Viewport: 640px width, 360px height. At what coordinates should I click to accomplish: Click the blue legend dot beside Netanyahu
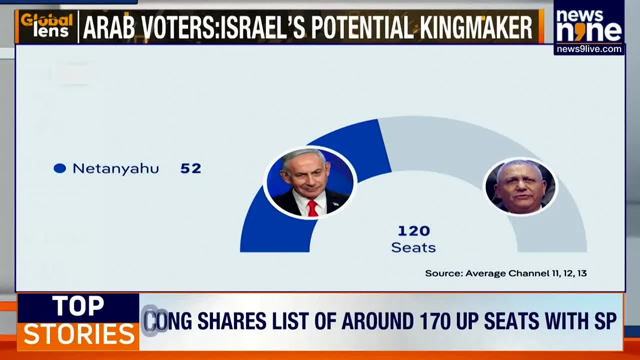pyautogui.click(x=59, y=168)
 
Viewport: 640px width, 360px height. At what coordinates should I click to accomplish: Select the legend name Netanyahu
pyautogui.click(x=115, y=169)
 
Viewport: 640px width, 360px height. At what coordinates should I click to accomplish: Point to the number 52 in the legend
pyautogui.click(x=191, y=168)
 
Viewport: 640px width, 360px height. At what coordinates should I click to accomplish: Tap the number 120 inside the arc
pyautogui.click(x=414, y=231)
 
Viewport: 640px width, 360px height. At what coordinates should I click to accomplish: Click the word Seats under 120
pyautogui.click(x=413, y=247)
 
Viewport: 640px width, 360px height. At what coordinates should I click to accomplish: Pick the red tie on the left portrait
pyautogui.click(x=312, y=208)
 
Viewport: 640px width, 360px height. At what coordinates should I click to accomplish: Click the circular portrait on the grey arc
pyautogui.click(x=520, y=186)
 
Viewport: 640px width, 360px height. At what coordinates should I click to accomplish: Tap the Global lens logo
pyautogui.click(x=47, y=26)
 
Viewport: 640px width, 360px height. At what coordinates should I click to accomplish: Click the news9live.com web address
pyautogui.click(x=589, y=49)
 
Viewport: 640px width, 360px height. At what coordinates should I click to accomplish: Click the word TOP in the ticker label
pyautogui.click(x=78, y=306)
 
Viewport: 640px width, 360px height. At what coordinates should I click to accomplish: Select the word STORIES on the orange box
pyautogui.click(x=79, y=334)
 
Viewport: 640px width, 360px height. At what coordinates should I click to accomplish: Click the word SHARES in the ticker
pyautogui.click(x=231, y=321)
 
